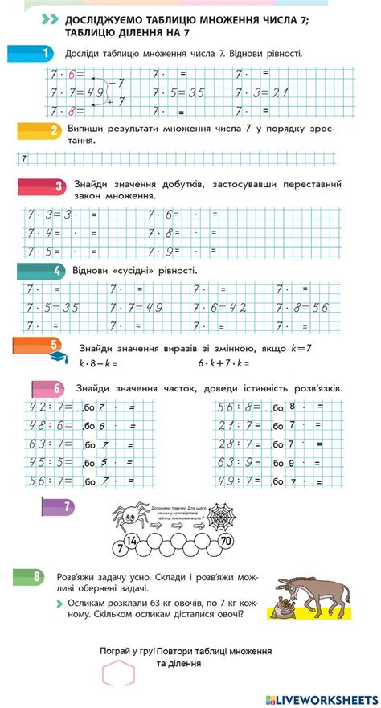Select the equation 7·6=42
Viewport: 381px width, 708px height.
219,307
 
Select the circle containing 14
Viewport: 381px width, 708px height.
133,539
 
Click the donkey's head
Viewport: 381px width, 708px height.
294,583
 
